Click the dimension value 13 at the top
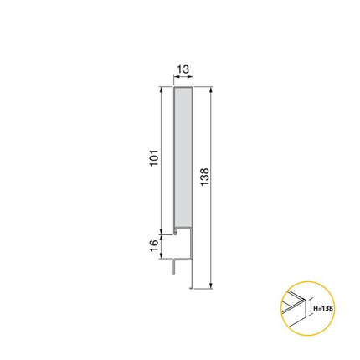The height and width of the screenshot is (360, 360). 183,71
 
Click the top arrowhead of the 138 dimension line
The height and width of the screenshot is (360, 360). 213,88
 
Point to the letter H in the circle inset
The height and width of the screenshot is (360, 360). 316,309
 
